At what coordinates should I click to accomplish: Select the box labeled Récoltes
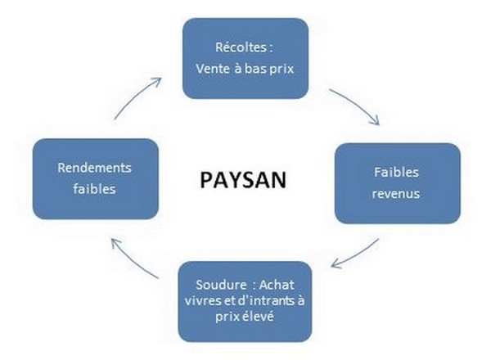[245, 58]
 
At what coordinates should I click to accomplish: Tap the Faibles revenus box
[397, 182]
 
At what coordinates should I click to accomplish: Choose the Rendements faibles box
[94, 177]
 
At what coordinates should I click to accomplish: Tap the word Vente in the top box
[214, 69]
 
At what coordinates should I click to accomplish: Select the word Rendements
[94, 167]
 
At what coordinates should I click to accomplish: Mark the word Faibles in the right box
[397, 173]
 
